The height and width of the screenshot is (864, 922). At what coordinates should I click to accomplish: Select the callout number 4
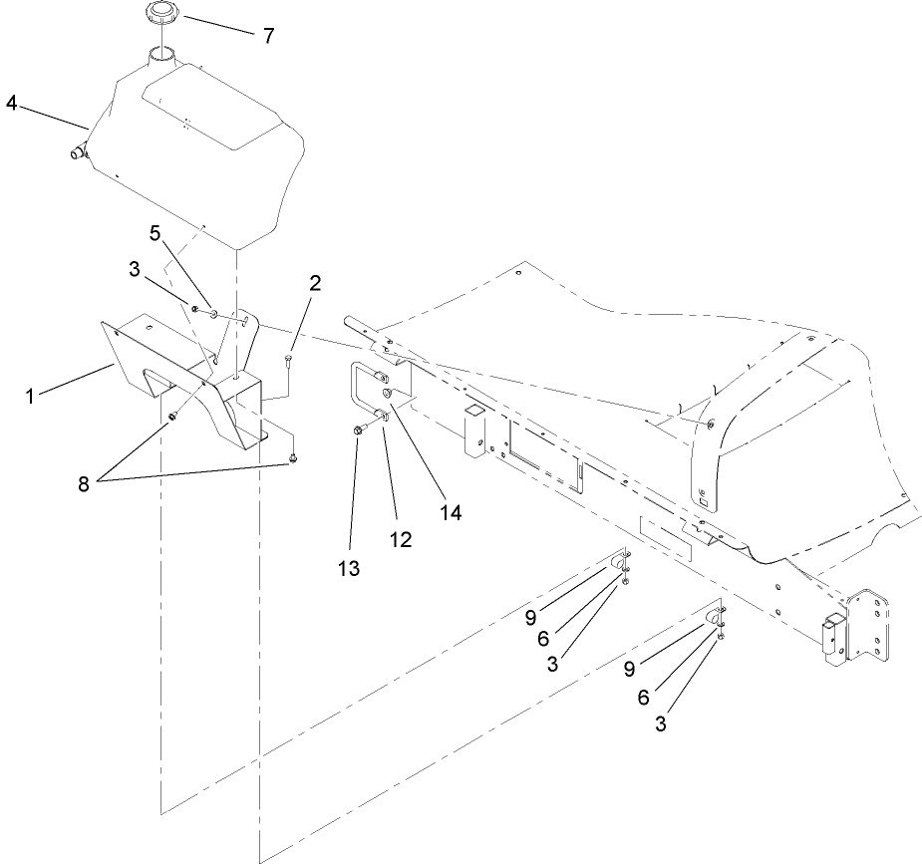click(11, 104)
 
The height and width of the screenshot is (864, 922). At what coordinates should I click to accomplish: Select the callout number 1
click(30, 396)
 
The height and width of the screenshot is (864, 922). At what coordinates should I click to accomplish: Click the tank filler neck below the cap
click(160, 55)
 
